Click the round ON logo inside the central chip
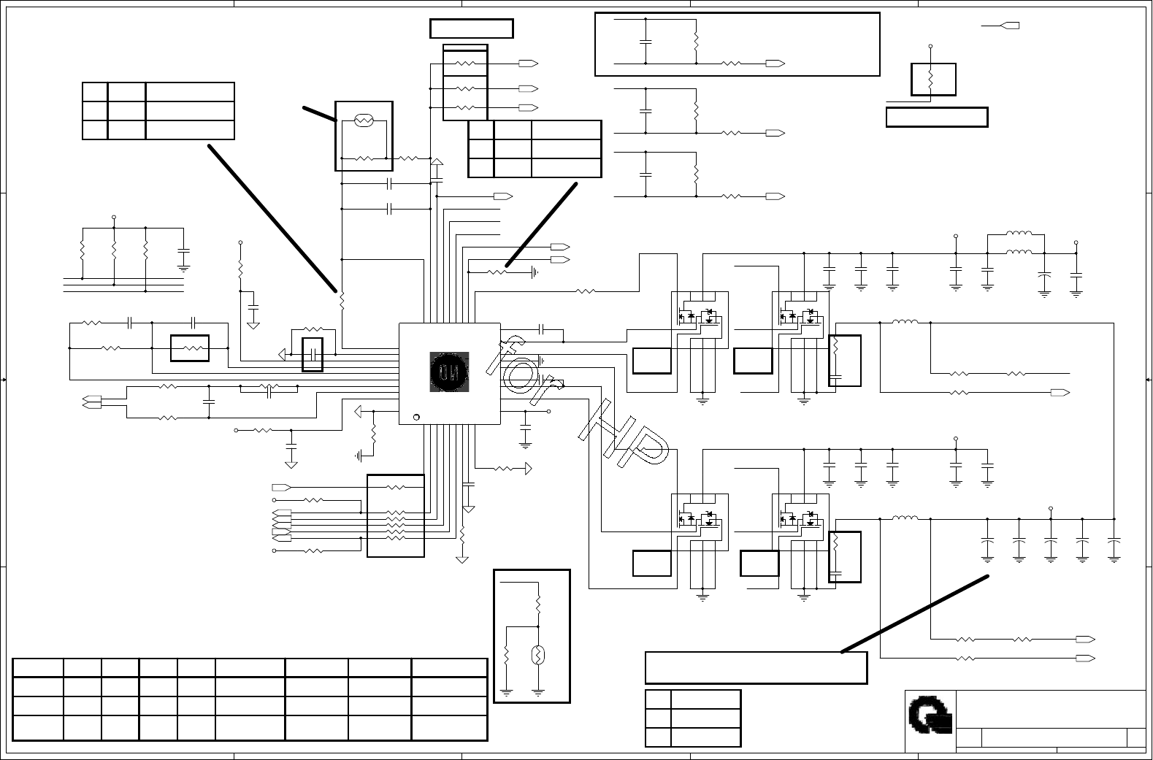[449, 372]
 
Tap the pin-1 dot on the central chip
[416, 417]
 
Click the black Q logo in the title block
[930, 715]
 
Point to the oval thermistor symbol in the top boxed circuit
[364, 120]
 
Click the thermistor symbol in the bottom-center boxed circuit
[538, 655]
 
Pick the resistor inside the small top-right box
[930, 80]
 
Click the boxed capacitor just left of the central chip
[313, 355]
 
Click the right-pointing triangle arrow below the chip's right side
[528, 469]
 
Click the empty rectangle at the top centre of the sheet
[472, 28]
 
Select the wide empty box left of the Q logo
[756, 668]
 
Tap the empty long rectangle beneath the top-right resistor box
[937, 118]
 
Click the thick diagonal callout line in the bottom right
[915, 614]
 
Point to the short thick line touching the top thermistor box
[320, 114]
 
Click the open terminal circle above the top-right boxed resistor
[930, 46]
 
